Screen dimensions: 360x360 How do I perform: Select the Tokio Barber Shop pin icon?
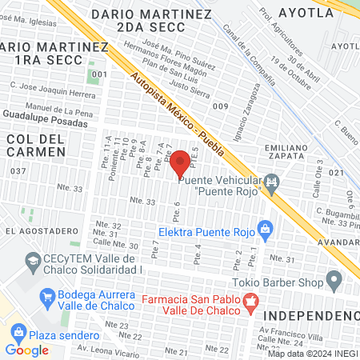pos(334,280)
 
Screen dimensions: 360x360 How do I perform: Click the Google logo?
pos(26,350)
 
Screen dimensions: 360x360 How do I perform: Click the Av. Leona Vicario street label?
pos(102,348)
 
